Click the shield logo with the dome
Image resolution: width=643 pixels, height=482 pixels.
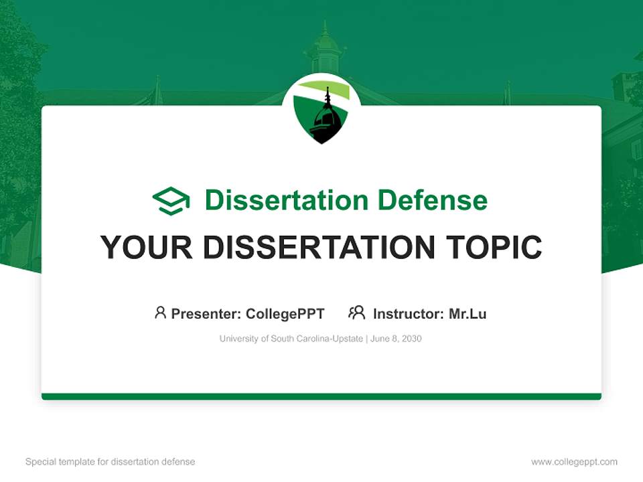point(321,111)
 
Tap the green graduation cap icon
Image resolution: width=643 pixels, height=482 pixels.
point(171,200)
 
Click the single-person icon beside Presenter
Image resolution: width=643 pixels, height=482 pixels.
point(160,313)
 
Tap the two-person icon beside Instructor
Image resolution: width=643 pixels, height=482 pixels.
point(356,313)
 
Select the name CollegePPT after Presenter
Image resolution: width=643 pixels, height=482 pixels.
point(285,313)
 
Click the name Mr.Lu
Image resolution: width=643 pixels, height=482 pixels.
point(468,313)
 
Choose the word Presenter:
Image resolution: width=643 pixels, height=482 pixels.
point(206,313)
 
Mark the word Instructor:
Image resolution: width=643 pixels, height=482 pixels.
point(409,313)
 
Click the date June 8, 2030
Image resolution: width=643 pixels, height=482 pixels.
point(397,339)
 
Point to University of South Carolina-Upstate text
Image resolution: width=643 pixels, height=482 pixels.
point(291,339)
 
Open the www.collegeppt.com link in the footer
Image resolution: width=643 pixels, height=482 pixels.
point(574,462)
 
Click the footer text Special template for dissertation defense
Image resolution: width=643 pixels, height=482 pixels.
point(111,462)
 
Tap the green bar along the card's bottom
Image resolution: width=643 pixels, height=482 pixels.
point(321,396)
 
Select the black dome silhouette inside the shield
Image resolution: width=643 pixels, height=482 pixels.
point(326,120)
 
